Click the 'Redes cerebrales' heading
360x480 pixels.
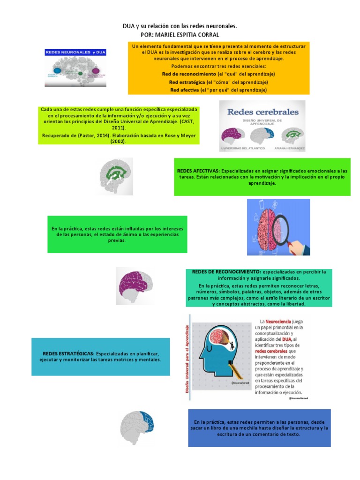(x=262, y=112)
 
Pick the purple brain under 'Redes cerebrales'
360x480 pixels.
(x=234, y=136)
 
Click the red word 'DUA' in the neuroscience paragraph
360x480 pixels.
(x=288, y=339)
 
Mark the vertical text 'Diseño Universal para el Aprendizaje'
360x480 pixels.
(x=187, y=359)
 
